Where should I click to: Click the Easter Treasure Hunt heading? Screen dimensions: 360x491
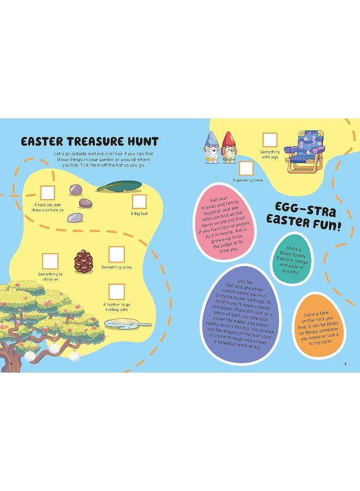point(89,142)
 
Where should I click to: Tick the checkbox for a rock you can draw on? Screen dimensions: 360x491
point(47,192)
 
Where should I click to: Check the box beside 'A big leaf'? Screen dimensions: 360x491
point(139,202)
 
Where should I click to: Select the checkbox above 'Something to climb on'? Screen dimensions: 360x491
point(50,261)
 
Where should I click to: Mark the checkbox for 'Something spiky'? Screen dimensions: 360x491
point(117,254)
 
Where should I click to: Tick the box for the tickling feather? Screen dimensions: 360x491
point(116,292)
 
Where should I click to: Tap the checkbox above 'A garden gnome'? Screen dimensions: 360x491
point(246,168)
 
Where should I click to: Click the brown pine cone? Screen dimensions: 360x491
point(83,261)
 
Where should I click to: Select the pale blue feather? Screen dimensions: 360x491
point(127,324)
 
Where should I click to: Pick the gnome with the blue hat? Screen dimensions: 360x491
point(212,148)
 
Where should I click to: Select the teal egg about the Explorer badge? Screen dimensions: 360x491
point(295,259)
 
